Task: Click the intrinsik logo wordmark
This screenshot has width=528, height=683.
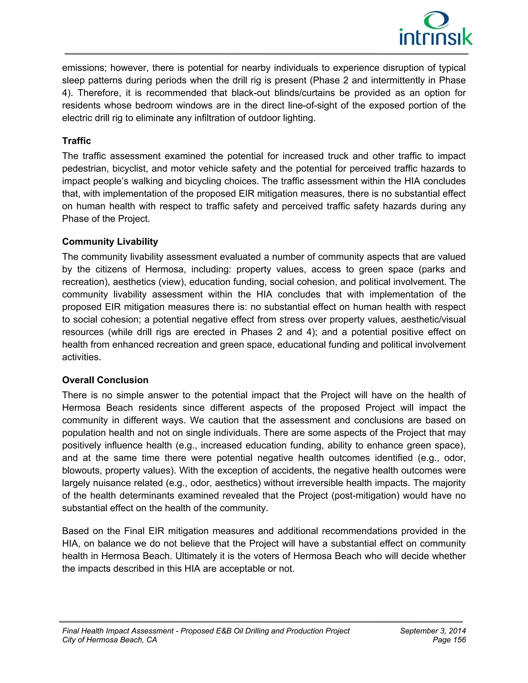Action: [436, 37]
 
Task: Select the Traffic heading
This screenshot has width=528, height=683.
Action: [76, 141]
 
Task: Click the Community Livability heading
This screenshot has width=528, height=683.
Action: [110, 241]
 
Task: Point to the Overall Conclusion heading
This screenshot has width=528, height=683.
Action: [105, 380]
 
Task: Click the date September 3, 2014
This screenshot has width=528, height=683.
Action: [433, 631]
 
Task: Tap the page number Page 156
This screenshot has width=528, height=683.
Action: [449, 640]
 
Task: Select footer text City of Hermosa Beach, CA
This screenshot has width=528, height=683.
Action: [110, 640]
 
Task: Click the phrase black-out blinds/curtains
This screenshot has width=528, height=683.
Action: [286, 93]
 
